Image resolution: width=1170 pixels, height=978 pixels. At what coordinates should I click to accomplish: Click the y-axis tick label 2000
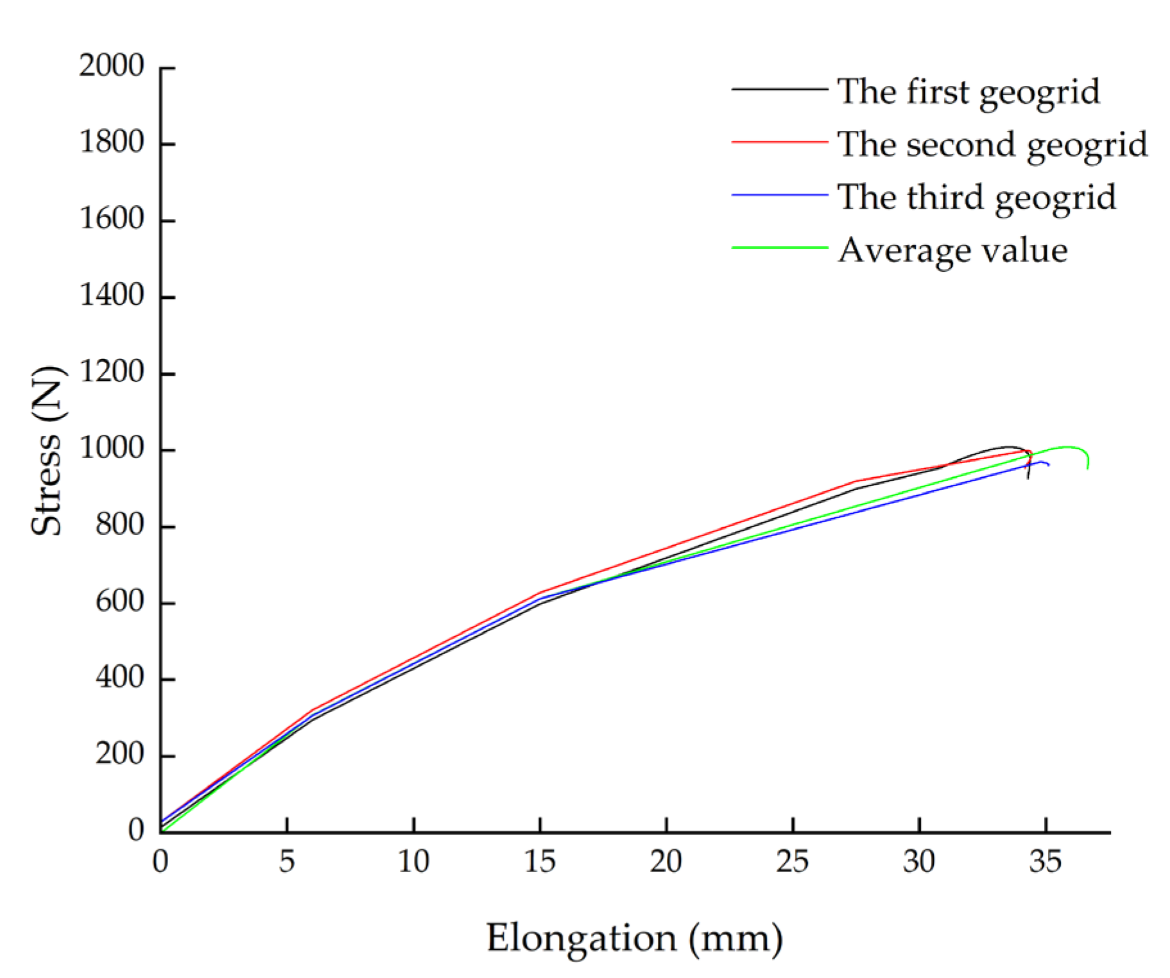coord(111,65)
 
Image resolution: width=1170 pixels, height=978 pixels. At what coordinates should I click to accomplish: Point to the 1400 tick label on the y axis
coord(111,296)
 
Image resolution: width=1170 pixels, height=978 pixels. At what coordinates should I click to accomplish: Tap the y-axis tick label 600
coord(119,602)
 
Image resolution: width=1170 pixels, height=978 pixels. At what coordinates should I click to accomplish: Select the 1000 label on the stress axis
coord(111,448)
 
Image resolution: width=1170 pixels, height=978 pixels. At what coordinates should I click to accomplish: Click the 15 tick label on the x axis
coord(540,861)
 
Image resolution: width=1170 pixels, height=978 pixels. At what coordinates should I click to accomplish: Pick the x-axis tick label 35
coord(1045,861)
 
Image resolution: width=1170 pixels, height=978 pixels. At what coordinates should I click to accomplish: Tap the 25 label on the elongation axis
coord(793,861)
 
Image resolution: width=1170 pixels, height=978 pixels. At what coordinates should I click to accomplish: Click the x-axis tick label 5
coord(287,861)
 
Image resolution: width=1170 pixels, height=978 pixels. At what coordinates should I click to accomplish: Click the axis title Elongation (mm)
coord(634,938)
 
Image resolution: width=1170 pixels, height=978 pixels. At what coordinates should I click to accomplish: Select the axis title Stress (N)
coord(47,450)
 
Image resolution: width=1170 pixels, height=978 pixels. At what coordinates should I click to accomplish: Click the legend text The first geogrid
coord(968,91)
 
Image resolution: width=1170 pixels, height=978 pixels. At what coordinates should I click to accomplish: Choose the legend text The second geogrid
coord(992,144)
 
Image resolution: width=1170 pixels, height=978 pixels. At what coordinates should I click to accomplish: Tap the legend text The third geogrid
coord(977,196)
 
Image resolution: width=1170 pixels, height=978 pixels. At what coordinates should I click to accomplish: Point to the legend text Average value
coord(952,249)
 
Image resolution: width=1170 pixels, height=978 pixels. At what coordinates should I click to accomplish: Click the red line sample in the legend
coord(779,142)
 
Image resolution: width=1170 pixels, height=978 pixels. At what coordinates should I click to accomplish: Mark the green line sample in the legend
coord(779,248)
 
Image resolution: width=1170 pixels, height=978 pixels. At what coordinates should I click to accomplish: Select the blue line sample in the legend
coord(779,195)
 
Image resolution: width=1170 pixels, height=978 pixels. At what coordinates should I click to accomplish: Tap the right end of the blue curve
coord(1048,464)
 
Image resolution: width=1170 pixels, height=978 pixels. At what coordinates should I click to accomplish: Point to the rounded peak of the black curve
coord(1008,447)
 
